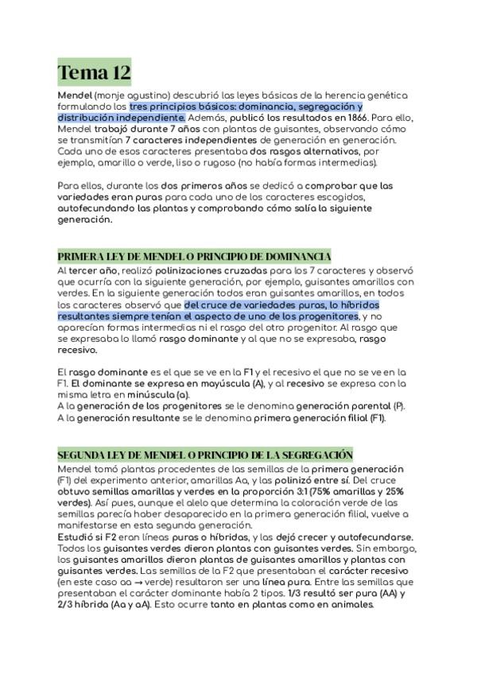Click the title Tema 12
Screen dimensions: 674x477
94,74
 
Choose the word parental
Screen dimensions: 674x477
364,406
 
